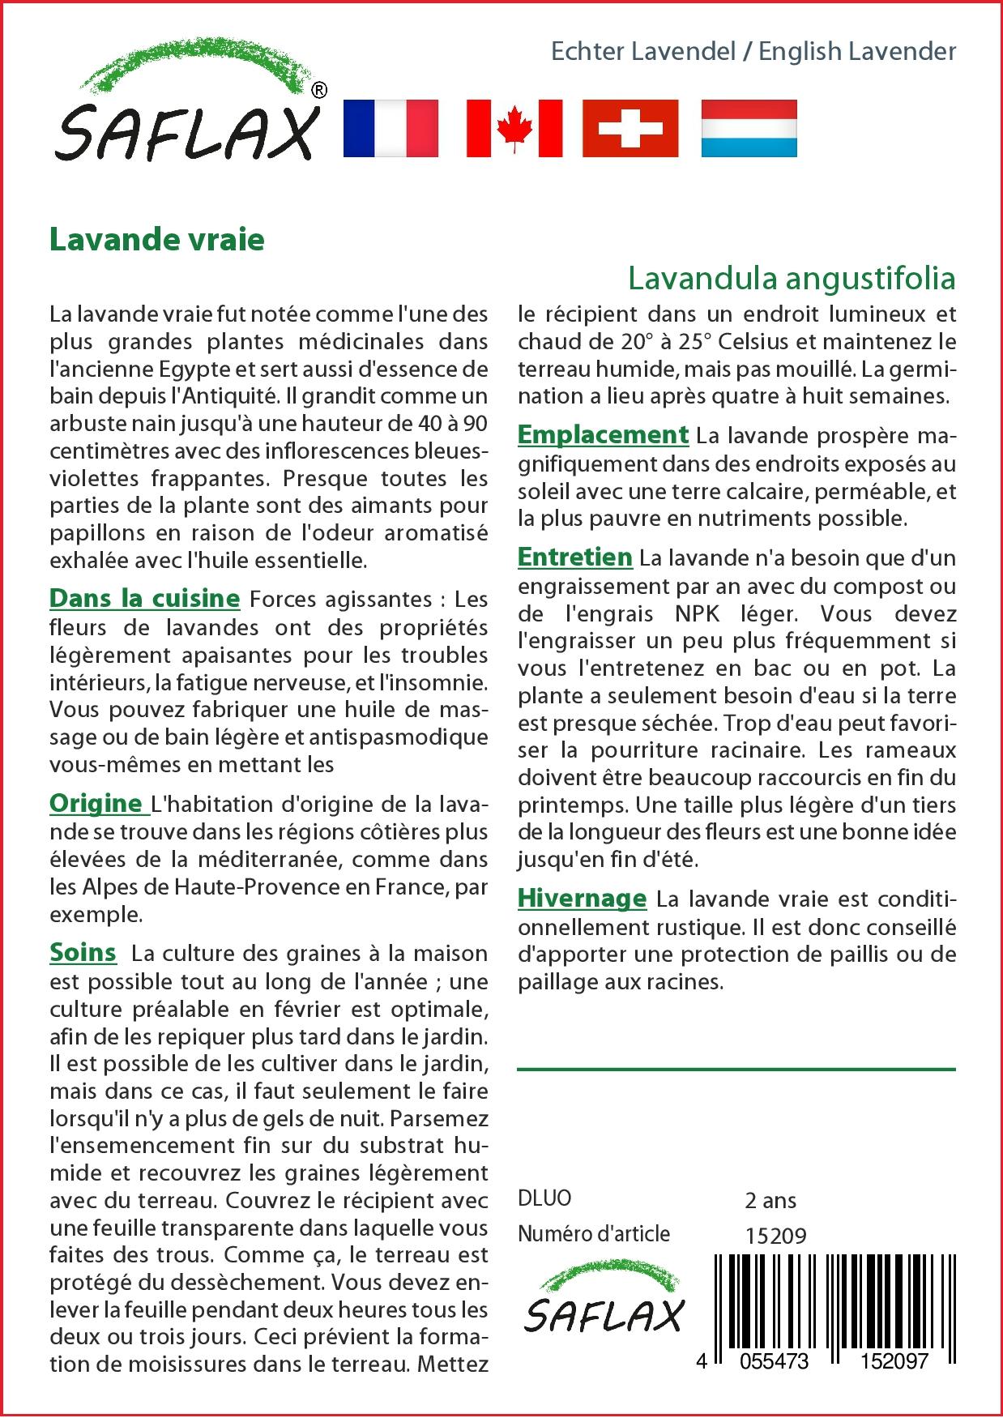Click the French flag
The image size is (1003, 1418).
click(391, 128)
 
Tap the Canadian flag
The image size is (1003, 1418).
click(514, 128)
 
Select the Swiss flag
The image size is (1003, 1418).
click(630, 128)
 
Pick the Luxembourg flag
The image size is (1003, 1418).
click(749, 128)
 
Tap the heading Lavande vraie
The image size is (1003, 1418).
click(157, 240)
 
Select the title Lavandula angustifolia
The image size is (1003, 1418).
click(792, 279)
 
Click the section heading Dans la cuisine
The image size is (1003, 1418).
click(144, 599)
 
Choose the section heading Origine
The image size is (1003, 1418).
click(96, 803)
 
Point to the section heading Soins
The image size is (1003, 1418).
click(82, 952)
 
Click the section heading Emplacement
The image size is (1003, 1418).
click(603, 435)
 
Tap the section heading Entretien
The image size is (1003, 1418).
click(574, 557)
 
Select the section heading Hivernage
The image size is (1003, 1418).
click(582, 899)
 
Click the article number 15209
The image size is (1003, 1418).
click(775, 1236)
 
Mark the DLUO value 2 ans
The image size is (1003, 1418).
click(770, 1200)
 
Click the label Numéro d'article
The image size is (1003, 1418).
click(594, 1234)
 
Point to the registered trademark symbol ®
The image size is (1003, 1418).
click(319, 91)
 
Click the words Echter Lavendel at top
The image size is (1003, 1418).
click(642, 52)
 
